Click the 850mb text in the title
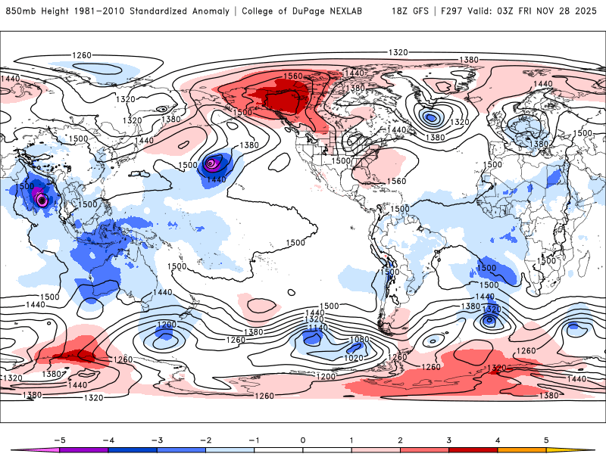click(x=20, y=11)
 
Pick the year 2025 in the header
click(x=588, y=11)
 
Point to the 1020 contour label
click(x=354, y=358)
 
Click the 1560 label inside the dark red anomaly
click(x=293, y=77)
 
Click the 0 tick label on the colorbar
click(x=303, y=439)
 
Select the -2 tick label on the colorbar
click(x=203, y=439)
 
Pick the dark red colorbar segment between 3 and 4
click(x=473, y=449)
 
